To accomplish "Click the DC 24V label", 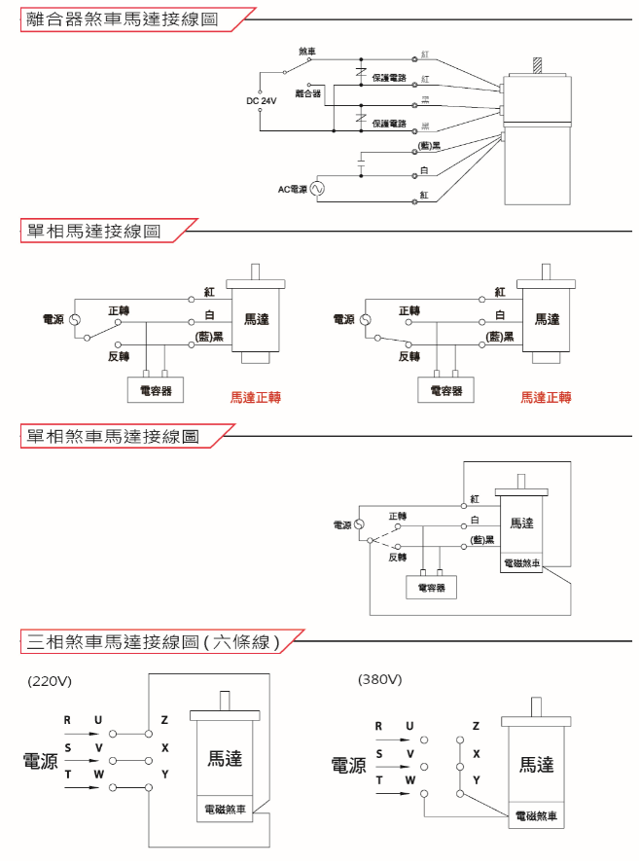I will (x=262, y=100).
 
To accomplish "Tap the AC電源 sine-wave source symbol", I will (x=316, y=189).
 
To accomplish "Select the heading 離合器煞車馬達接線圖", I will (x=121, y=18).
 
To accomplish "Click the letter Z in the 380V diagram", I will (x=476, y=726).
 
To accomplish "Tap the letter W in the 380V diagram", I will (x=409, y=780).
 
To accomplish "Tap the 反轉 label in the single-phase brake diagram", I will (x=397, y=558).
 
